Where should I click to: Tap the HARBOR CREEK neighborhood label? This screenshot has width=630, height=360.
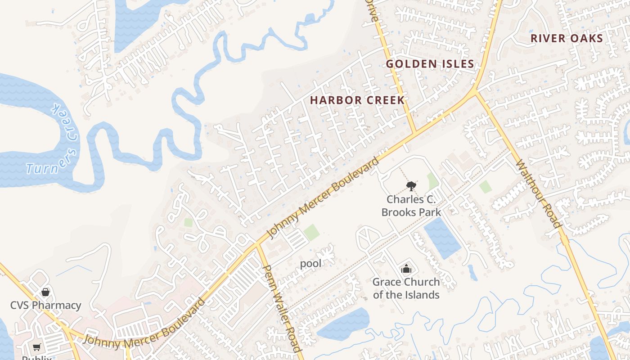pos(358,100)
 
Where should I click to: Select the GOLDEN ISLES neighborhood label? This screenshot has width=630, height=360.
pos(430,64)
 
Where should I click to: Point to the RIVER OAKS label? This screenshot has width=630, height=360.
pos(567,38)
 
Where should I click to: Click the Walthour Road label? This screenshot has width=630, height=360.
pos(538,193)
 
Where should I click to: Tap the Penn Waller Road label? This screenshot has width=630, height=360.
pos(281,308)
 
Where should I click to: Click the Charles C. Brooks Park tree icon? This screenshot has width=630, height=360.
pos(411,186)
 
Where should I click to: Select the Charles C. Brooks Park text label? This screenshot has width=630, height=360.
pos(411,206)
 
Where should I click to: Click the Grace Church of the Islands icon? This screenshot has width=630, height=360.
pos(406,269)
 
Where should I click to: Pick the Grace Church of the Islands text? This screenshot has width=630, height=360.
pos(406,288)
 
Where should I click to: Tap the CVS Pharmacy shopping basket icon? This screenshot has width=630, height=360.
pos(45,292)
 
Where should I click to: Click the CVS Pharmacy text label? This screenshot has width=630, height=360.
pos(46,305)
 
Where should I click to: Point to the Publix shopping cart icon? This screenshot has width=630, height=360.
pos(37,347)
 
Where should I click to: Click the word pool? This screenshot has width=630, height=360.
pos(310,264)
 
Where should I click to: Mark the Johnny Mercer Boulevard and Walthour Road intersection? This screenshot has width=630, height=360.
pos(475,92)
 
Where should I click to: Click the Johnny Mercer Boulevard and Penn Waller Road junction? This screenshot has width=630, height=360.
pos(258,245)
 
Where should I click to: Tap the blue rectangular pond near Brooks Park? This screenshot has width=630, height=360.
pos(442,238)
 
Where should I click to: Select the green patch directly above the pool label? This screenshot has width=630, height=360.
pos(311,233)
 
